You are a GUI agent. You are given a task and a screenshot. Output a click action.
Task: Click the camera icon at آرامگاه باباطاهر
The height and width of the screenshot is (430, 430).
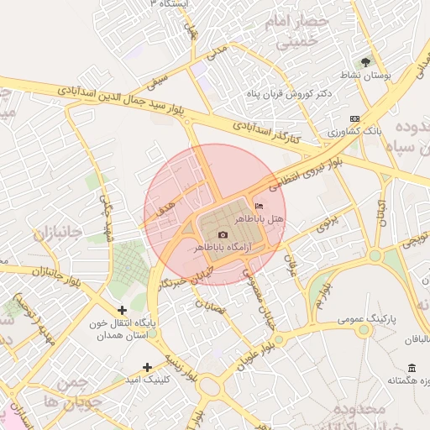pyautogui.click(x=223, y=235)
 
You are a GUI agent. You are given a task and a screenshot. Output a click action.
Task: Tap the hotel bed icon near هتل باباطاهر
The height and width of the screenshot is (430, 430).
pyautogui.click(x=258, y=206)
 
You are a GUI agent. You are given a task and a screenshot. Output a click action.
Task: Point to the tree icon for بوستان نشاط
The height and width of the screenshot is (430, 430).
pyautogui.click(x=365, y=61)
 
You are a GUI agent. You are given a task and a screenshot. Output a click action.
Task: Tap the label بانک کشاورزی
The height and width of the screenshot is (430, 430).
pyautogui.click(x=355, y=132)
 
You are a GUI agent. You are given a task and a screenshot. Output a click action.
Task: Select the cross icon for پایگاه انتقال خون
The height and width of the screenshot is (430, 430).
pyautogui.click(x=123, y=310)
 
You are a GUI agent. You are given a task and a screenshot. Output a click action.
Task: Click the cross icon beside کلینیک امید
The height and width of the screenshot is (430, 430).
pyautogui.click(x=148, y=366)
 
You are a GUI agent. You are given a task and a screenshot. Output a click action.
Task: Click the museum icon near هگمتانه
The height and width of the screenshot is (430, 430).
pyautogui.click(x=411, y=368)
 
